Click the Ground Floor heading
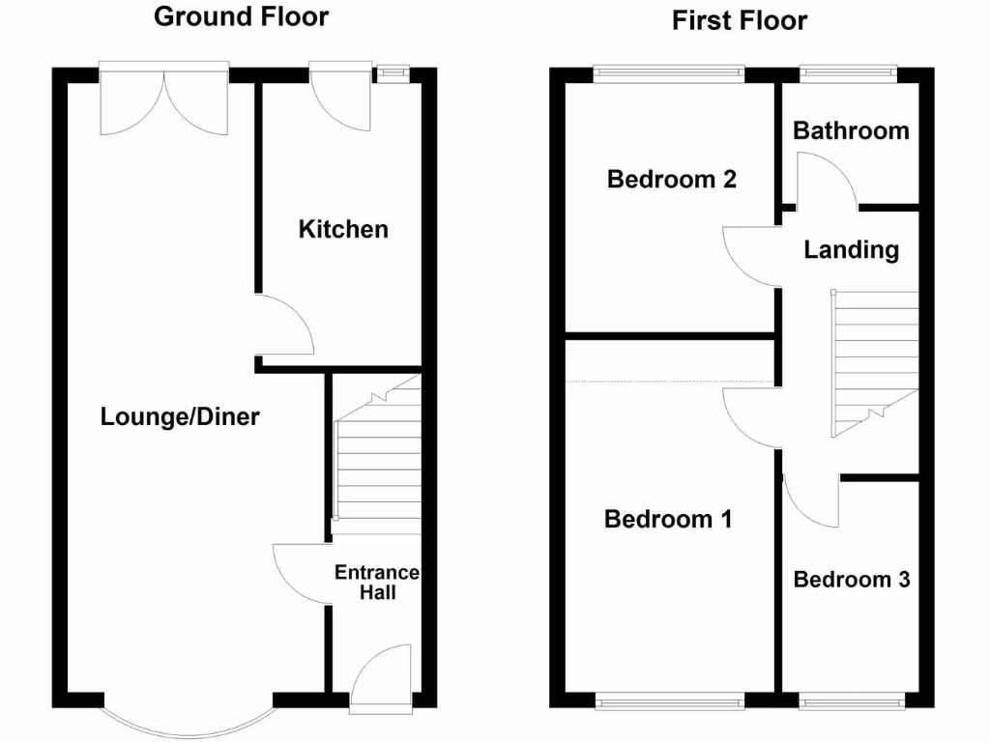coord(241,16)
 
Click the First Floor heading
coord(740,20)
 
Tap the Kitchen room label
coord(343,229)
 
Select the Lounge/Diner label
coord(180,417)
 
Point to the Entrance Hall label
coord(377,583)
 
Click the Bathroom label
coord(851,130)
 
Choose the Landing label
coord(851,250)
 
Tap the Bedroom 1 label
coord(668,519)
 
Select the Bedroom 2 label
coord(671,179)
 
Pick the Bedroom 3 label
coord(851,580)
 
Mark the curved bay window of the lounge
coord(188,720)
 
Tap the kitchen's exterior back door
coord(340,97)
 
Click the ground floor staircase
coord(377,454)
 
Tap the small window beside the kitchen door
coord(393,71)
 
